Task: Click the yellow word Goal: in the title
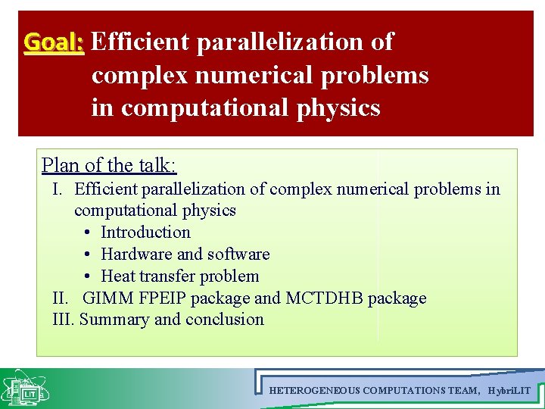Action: point(54,42)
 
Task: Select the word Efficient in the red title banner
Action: point(139,42)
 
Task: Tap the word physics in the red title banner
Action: point(338,108)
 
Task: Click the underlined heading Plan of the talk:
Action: point(109,165)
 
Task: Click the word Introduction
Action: point(145,233)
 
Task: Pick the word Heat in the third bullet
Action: point(117,276)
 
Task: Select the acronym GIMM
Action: point(106,298)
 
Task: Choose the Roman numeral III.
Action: point(64,320)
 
